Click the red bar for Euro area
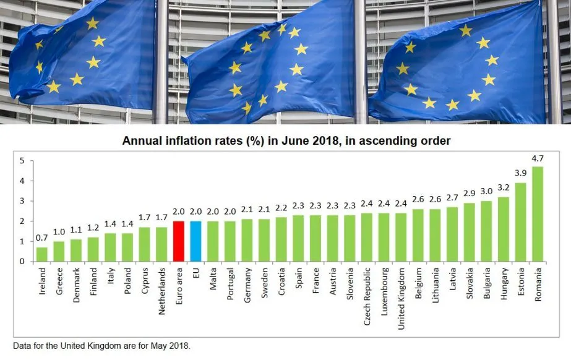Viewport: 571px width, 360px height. [179, 241]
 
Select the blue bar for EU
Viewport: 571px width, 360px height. [195, 241]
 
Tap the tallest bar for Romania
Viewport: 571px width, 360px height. [538, 214]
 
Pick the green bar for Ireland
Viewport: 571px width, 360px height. [41, 254]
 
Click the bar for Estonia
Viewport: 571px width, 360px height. [520, 222]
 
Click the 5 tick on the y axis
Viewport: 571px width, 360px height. [22, 161]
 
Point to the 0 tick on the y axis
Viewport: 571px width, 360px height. [22, 262]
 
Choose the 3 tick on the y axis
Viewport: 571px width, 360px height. [22, 201]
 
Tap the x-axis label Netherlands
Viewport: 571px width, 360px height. [161, 291]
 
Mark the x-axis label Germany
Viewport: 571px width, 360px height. [247, 285]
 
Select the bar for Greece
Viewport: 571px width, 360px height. [59, 251]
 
